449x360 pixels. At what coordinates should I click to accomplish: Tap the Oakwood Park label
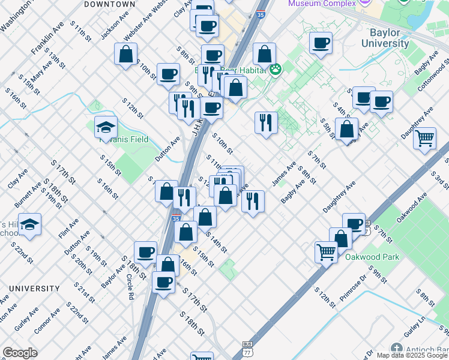[x=372, y=257]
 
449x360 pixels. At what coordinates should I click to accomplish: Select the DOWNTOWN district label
[x=110, y=4]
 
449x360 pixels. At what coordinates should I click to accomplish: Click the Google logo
[x=20, y=353]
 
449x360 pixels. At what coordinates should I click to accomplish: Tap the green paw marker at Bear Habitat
[x=276, y=70]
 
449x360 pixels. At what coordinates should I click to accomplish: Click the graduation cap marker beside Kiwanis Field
[x=105, y=127]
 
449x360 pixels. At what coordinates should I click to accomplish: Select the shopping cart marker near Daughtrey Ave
[x=425, y=139]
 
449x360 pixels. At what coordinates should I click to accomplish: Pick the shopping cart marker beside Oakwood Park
[x=326, y=252]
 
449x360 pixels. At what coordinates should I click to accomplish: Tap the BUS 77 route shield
[x=247, y=347]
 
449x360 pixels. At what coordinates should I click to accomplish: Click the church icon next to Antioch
[x=397, y=349]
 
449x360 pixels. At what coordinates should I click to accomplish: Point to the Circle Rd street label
[x=130, y=287]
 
